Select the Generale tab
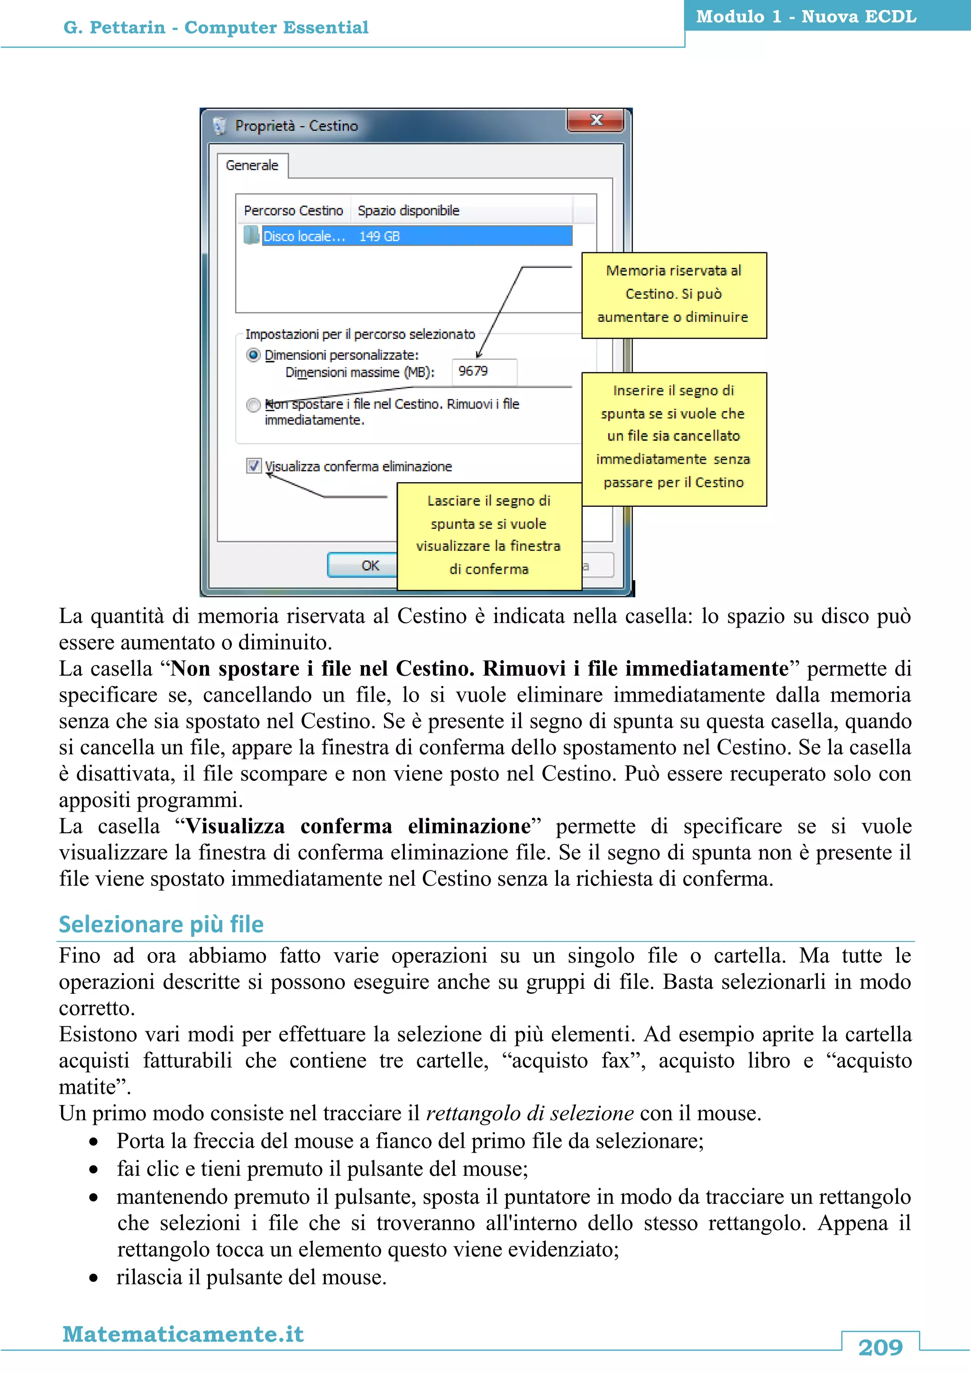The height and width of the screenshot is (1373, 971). tap(252, 165)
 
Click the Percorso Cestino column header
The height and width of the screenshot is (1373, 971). tap(293, 211)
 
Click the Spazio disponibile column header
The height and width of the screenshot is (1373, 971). tap(408, 211)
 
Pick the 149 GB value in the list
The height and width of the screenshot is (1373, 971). tap(379, 236)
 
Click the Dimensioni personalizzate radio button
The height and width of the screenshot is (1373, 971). tap(254, 355)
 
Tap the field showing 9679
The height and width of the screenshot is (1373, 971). tap(483, 371)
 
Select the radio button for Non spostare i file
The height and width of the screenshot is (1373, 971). tap(254, 405)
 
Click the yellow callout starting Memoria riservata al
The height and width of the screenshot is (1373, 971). tap(673, 295)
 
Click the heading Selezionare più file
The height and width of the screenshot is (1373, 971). tap(161, 924)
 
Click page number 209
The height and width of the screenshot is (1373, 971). tap(879, 1347)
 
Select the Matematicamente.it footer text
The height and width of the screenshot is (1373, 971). tap(183, 1334)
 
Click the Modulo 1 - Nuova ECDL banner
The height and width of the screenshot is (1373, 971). tap(806, 17)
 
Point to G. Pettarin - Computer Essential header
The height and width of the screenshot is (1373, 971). tap(216, 27)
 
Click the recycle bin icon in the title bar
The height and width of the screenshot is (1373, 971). tap(220, 126)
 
